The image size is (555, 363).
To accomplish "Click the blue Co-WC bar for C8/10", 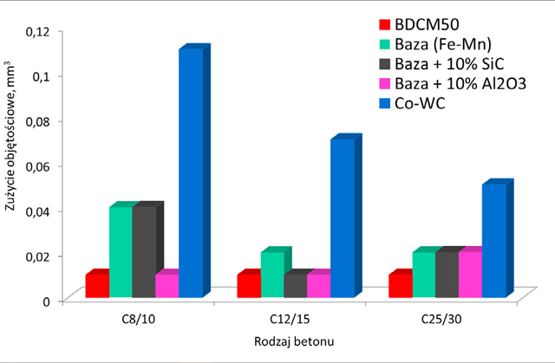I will point(191,173).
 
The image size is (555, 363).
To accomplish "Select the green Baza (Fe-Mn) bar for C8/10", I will point(121,251).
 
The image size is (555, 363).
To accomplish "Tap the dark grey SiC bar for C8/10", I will point(144,251).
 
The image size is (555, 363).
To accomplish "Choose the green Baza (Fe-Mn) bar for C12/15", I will point(271,275).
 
